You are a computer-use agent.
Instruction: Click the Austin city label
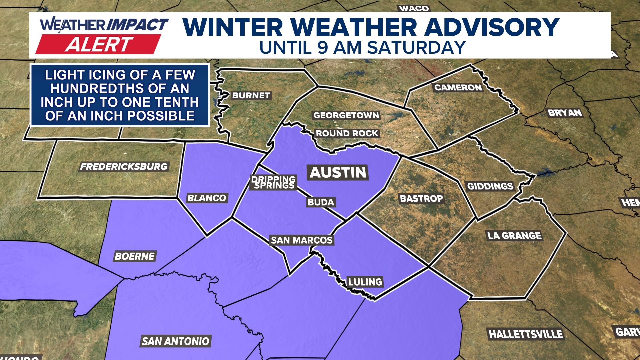click(338, 173)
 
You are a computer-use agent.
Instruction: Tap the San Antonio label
click(175, 341)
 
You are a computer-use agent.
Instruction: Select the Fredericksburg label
click(124, 167)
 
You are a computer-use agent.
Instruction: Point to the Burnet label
click(251, 96)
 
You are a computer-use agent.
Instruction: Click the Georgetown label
click(346, 115)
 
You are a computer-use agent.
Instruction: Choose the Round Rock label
click(347, 133)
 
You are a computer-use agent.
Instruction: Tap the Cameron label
click(458, 88)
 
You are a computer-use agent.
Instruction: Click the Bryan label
click(565, 113)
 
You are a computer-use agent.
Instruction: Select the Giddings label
click(490, 186)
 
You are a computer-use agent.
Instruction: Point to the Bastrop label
click(421, 199)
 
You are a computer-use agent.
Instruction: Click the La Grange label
click(514, 236)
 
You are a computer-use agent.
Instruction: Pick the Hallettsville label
click(526, 334)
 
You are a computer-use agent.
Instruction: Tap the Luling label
click(365, 282)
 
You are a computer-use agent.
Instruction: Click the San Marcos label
click(302, 240)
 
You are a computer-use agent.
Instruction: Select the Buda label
click(321, 202)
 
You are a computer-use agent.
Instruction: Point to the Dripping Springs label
click(273, 182)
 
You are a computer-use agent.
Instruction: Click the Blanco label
click(207, 198)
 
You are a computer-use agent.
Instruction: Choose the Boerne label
click(135, 256)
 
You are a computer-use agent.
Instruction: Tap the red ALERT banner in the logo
click(98, 44)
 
